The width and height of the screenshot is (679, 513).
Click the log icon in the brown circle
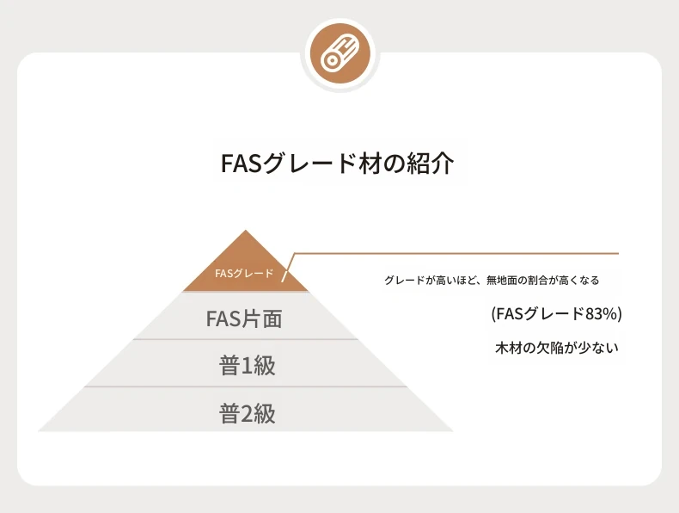(340, 53)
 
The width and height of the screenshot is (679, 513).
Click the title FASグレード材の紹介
(337, 163)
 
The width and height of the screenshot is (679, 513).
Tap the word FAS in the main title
(242, 163)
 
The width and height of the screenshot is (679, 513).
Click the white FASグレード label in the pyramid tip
(244, 273)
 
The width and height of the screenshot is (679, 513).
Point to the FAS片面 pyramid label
(244, 318)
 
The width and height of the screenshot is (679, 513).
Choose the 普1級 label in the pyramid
(248, 365)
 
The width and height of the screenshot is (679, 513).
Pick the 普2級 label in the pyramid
(248, 413)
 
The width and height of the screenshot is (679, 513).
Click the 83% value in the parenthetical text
(601, 313)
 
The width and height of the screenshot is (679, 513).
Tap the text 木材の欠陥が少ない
(556, 348)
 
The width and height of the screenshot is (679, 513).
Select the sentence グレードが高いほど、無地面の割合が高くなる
(492, 280)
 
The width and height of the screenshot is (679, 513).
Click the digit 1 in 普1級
(246, 366)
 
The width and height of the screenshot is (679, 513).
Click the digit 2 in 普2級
(246, 413)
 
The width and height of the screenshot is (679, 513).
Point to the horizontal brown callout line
(456, 253)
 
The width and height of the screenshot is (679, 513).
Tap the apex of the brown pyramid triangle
(246, 231)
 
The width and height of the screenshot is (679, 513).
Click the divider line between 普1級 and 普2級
(246, 386)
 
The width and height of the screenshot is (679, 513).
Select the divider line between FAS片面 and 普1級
(246, 339)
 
